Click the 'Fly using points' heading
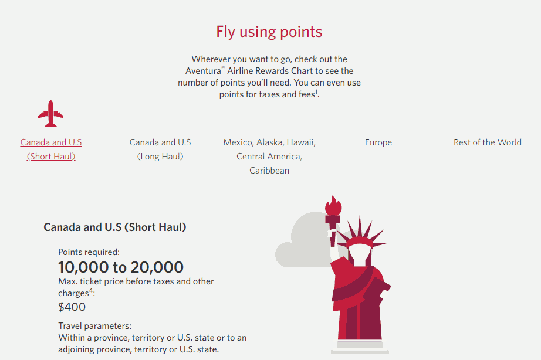(x=269, y=32)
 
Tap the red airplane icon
(x=50, y=114)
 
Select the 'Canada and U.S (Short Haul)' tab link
(x=51, y=150)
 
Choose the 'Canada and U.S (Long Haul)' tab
(x=160, y=150)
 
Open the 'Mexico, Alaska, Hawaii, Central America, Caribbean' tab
(x=269, y=156)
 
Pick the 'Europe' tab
(x=378, y=142)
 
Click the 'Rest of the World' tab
(x=488, y=142)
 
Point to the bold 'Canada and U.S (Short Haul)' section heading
(x=115, y=227)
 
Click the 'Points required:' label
(x=89, y=252)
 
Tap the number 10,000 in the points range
(x=83, y=267)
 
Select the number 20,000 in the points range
(x=157, y=267)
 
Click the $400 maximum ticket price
(x=72, y=307)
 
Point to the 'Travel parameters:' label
(x=95, y=326)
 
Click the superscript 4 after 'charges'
(x=91, y=290)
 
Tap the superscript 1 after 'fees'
(x=316, y=91)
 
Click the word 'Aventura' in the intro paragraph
(x=203, y=71)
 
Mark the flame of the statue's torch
(x=333, y=206)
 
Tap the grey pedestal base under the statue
(x=360, y=347)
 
